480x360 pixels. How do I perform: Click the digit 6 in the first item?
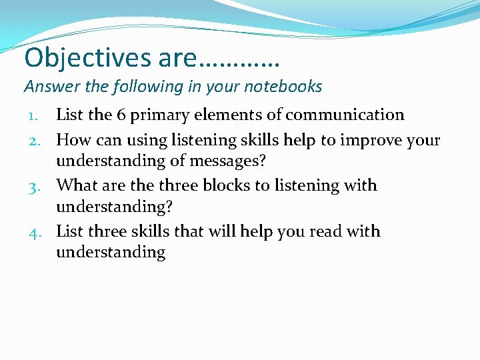coord(121,115)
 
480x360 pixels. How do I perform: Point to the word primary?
coord(157,115)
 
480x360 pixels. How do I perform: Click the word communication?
coord(345,115)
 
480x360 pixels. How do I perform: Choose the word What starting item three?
coord(76,185)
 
